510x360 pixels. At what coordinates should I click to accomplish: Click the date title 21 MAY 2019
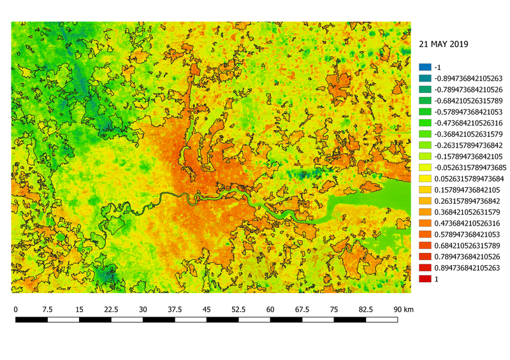pos(444,45)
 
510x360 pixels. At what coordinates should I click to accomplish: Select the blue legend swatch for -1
pos(424,67)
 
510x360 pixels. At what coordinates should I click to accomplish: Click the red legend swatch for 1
pos(424,279)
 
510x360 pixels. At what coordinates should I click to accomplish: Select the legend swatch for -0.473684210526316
pos(424,123)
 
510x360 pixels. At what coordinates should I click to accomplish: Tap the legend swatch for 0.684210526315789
pos(424,245)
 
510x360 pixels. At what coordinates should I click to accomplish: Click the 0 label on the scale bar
pos(16,309)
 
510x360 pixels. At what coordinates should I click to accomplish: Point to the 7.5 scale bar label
pos(48,309)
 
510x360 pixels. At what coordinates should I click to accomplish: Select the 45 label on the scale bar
pos(207,309)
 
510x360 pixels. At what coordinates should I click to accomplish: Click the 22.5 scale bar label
pos(112,309)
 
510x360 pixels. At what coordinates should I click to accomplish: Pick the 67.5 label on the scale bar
pos(303,309)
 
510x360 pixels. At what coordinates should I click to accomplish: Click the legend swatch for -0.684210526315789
pos(424,101)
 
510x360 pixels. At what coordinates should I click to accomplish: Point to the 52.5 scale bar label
pos(239,309)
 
